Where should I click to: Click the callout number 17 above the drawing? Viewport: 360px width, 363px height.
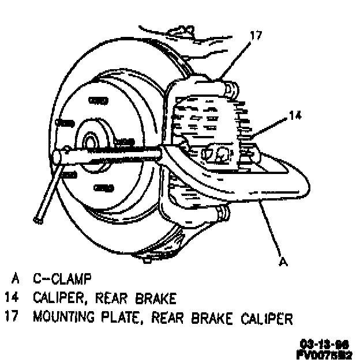click(x=256, y=36)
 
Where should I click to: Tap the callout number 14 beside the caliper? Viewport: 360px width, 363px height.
click(x=295, y=116)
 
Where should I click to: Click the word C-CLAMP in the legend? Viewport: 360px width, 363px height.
click(x=62, y=280)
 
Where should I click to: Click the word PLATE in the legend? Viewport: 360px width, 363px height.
click(x=129, y=317)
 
